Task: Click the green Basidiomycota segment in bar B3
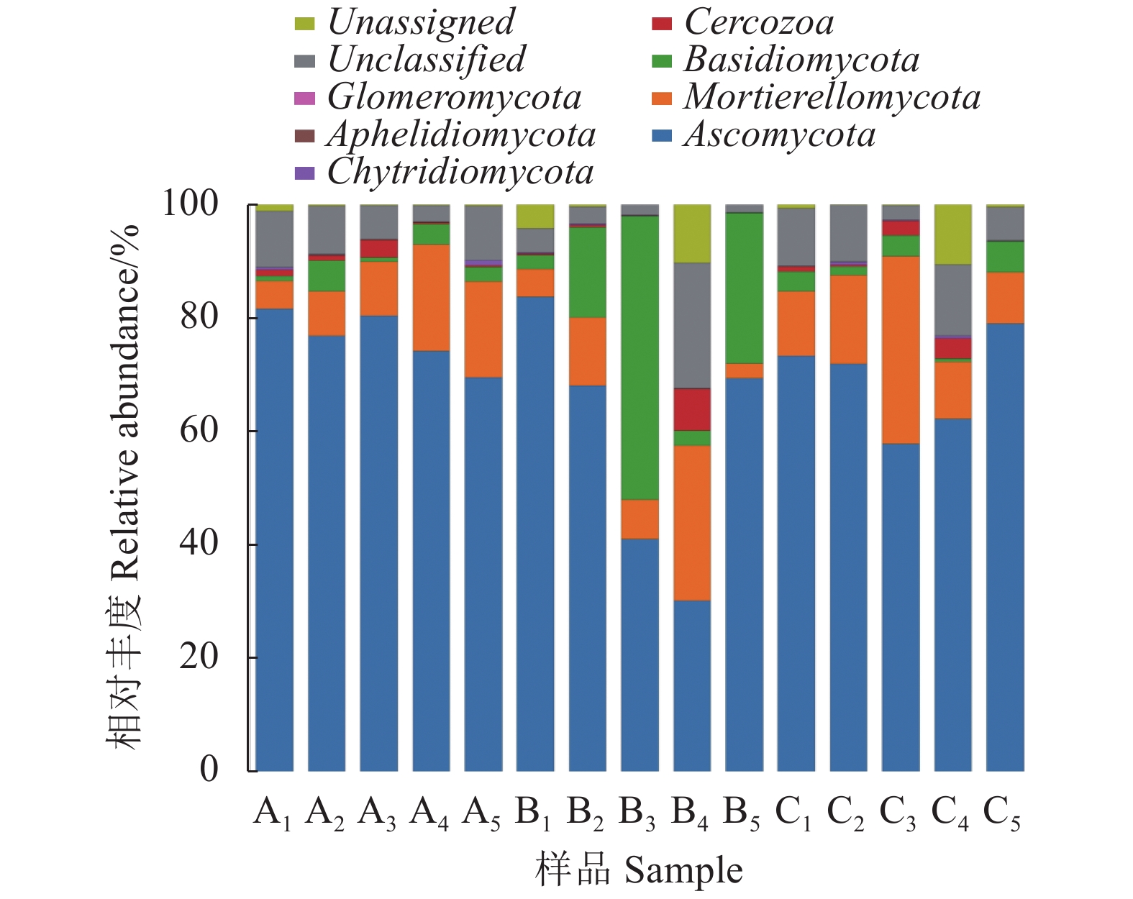click(640, 357)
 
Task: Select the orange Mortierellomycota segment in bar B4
click(692, 523)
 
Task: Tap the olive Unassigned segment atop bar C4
click(952, 234)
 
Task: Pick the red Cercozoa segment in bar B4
click(692, 409)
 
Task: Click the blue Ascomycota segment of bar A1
click(274, 539)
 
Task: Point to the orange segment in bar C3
click(901, 350)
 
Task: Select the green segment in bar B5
click(744, 288)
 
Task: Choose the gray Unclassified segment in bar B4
click(692, 325)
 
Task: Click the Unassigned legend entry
click(421, 22)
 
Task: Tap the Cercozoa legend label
click(759, 22)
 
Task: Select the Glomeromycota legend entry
click(454, 97)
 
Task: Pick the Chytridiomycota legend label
click(460, 172)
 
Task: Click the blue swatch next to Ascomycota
click(661, 135)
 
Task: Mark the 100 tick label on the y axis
click(191, 204)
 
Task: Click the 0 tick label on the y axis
click(209, 770)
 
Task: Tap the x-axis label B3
click(637, 813)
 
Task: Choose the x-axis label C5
click(1002, 813)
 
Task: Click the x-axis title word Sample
click(683, 871)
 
